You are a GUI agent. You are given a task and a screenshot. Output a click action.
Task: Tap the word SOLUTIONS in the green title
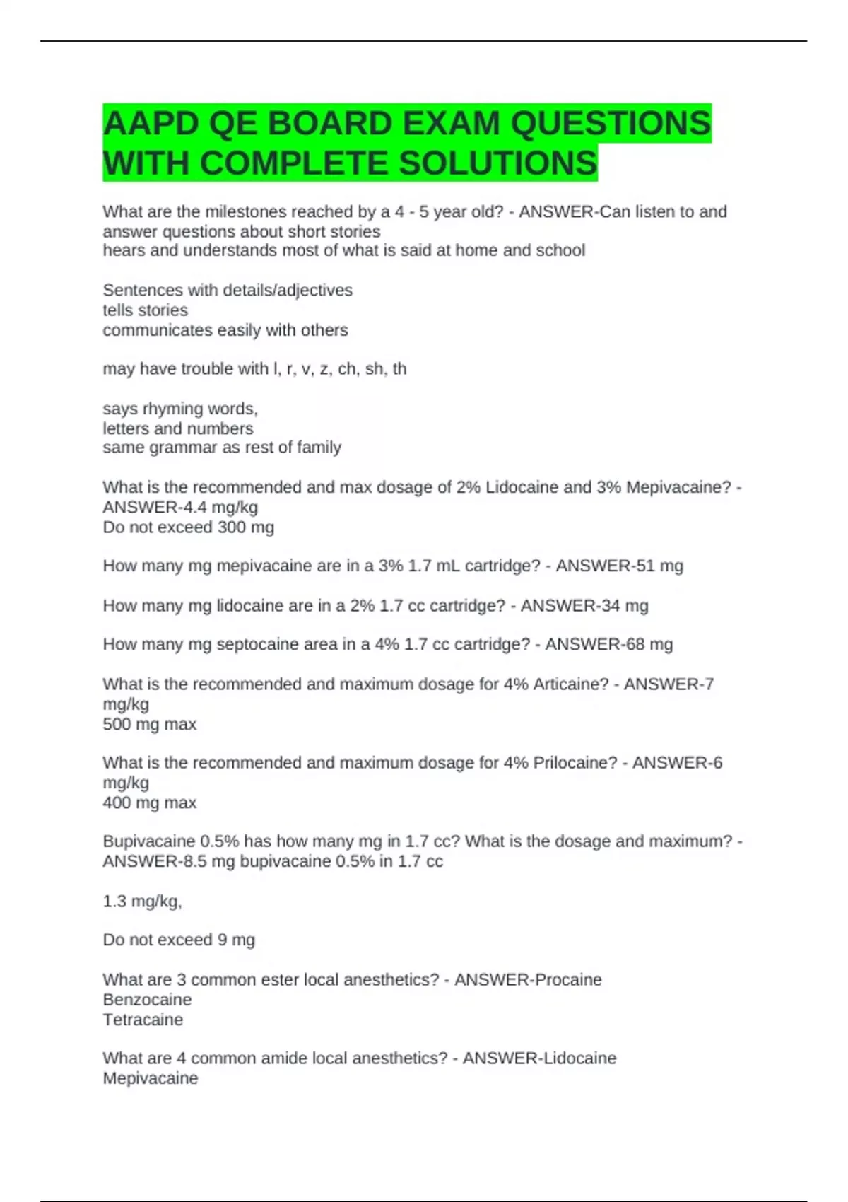(498, 163)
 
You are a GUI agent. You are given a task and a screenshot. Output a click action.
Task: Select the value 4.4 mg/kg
(215, 507)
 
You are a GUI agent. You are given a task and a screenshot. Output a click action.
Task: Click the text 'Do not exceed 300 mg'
(189, 527)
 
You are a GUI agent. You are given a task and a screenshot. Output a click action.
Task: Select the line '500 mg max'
(150, 724)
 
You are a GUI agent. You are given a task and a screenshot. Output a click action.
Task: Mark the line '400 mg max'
(150, 803)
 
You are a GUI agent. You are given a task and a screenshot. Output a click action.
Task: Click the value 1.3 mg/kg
(142, 901)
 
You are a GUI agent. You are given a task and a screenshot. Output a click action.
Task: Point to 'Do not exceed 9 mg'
(179, 940)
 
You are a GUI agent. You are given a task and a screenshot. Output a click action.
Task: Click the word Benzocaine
(147, 999)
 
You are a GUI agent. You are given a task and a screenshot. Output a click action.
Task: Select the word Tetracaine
(143, 1020)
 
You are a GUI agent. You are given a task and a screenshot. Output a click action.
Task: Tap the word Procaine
(569, 979)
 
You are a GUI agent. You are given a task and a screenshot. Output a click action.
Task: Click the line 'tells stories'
(146, 310)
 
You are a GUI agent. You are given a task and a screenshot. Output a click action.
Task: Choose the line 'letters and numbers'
(178, 428)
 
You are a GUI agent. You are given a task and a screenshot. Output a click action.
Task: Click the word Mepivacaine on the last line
(151, 1078)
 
